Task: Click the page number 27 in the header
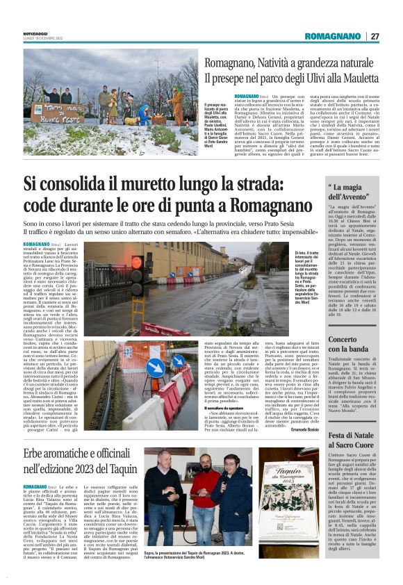click(x=375, y=36)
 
